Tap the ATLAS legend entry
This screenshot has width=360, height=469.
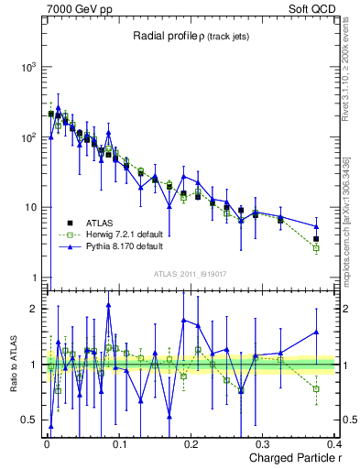click(x=99, y=222)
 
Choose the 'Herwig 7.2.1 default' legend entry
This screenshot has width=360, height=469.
click(x=118, y=234)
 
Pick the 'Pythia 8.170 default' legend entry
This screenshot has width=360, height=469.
click(x=117, y=247)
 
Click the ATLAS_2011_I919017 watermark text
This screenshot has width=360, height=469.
click(x=191, y=273)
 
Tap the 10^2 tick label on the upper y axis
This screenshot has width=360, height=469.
click(x=29, y=137)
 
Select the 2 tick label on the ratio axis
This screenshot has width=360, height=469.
click(x=34, y=309)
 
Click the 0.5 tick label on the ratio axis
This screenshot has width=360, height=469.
click(x=30, y=420)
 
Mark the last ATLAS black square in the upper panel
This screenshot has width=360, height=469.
click(x=316, y=239)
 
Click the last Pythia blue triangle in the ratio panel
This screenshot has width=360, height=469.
click(x=316, y=333)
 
